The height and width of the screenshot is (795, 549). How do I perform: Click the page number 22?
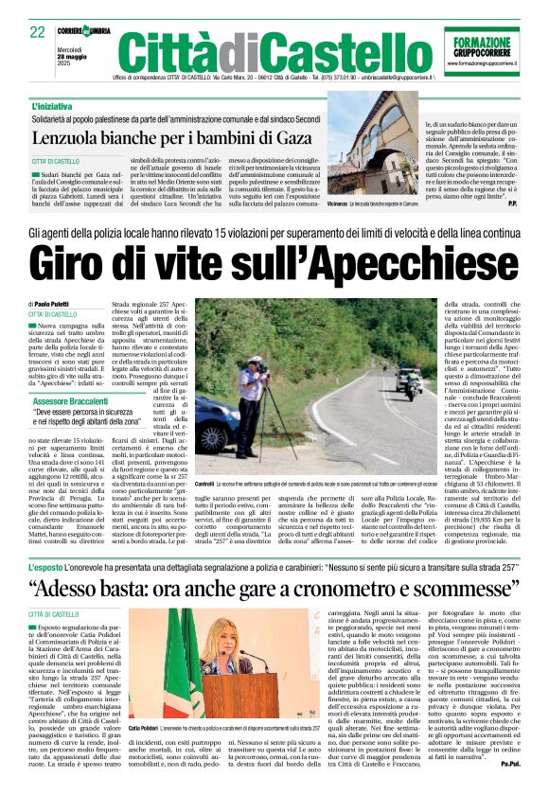pyautogui.click(x=38, y=33)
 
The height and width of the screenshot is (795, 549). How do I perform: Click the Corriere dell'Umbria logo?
pyautogui.click(x=87, y=30)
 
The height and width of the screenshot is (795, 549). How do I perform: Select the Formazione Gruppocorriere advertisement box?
pyautogui.click(x=481, y=51)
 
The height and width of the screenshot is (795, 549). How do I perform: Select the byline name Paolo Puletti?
pyautogui.click(x=58, y=303)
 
